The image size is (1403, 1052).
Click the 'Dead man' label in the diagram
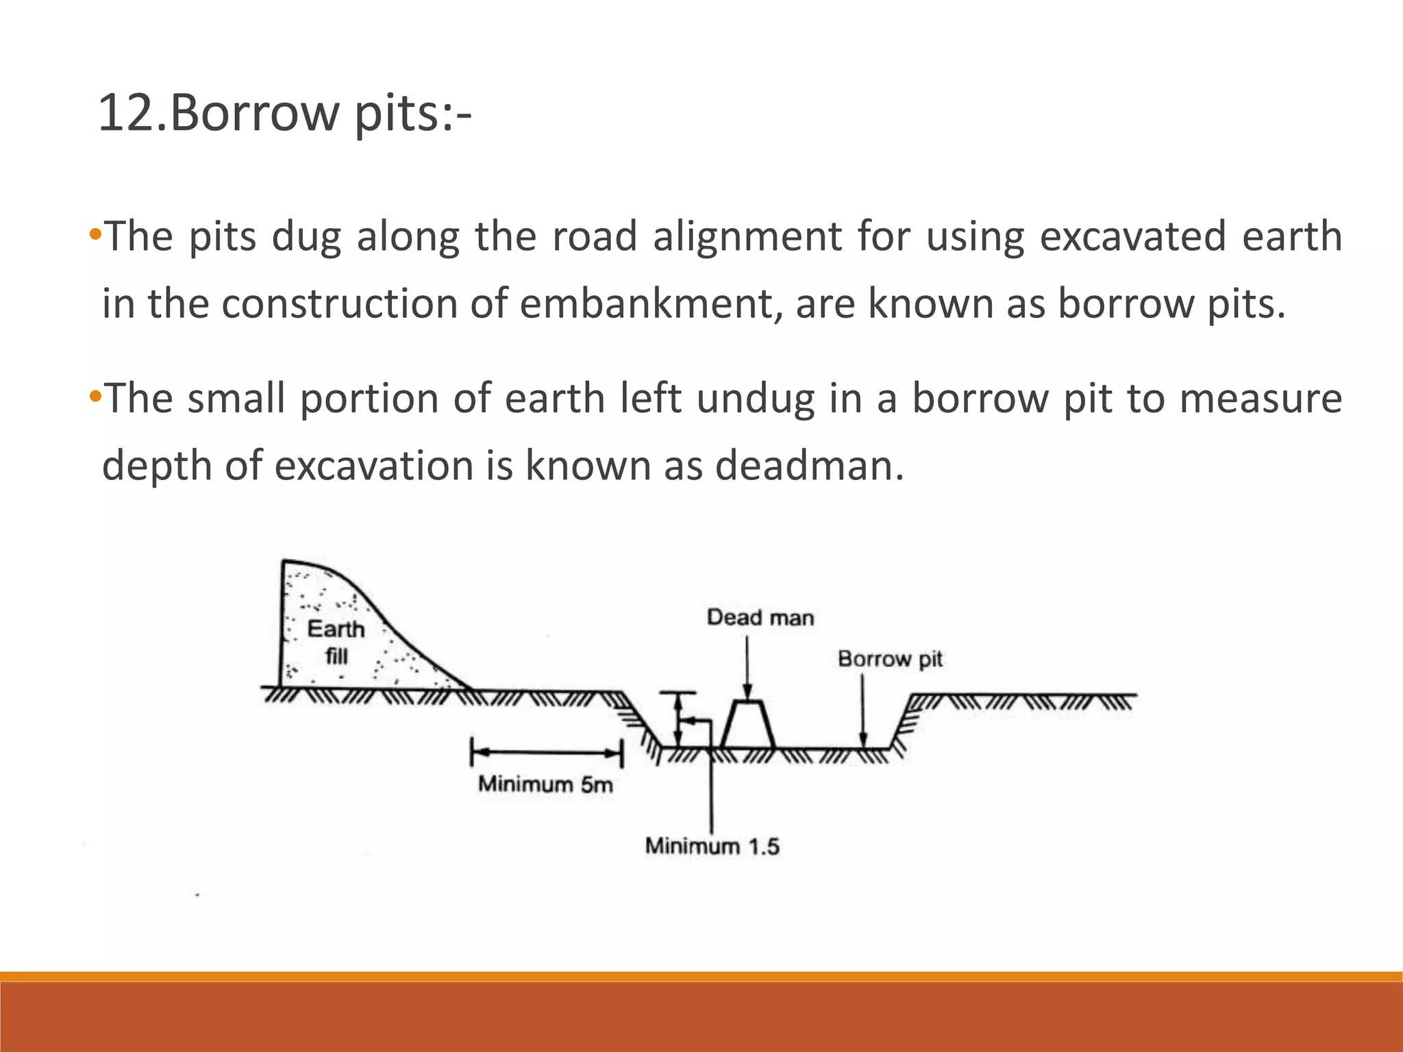(x=760, y=618)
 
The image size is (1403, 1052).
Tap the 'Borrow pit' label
(x=890, y=659)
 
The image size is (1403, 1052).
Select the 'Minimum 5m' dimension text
(x=545, y=784)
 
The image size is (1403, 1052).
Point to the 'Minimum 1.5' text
(x=712, y=847)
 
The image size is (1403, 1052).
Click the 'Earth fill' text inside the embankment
(x=336, y=642)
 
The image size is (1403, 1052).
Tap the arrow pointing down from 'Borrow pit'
(x=863, y=712)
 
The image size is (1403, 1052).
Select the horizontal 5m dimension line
(x=547, y=753)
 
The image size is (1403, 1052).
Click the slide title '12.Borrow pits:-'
(x=284, y=113)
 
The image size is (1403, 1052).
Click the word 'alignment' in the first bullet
(x=747, y=237)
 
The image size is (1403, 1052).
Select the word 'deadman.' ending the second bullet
(x=809, y=466)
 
